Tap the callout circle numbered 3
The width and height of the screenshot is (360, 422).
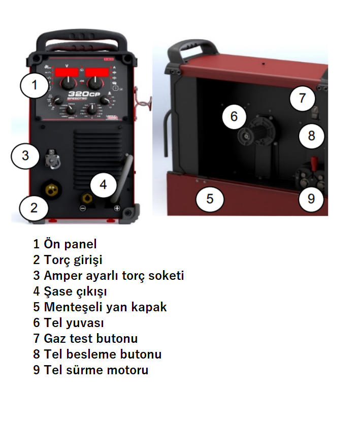25,155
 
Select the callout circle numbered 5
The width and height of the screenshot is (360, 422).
210,198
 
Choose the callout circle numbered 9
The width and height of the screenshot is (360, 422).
311,198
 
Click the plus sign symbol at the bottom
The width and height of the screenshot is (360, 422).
117,209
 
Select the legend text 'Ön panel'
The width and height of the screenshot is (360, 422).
64,244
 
